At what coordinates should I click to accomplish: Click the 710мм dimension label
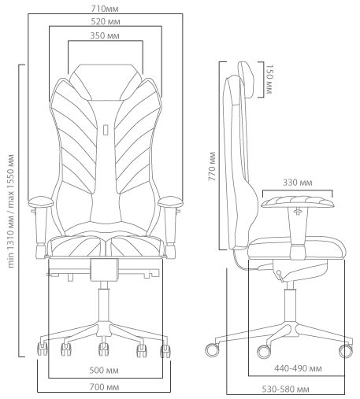point(105,9)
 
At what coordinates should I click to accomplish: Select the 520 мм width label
point(106,21)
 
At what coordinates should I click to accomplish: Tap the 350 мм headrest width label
point(105,35)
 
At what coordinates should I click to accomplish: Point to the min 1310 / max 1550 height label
point(11,211)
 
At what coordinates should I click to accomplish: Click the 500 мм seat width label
point(104,371)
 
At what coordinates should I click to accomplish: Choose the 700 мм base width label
point(104,387)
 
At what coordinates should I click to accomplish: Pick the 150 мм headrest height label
point(269,79)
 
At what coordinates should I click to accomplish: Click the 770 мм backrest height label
point(212,166)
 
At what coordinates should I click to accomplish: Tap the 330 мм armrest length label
point(298,183)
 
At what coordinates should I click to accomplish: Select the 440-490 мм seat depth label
point(298,368)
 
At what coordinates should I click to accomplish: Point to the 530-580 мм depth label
point(285,389)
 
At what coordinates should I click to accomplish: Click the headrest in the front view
point(105,82)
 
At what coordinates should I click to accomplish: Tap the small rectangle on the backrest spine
point(106,130)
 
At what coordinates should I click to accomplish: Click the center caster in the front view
point(104,349)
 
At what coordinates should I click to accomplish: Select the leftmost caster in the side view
point(212,350)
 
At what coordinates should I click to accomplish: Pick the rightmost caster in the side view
point(346,351)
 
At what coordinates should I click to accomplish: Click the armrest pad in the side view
point(298,202)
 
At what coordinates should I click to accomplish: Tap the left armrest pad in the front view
point(41,201)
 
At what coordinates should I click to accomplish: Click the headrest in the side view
point(247,79)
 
